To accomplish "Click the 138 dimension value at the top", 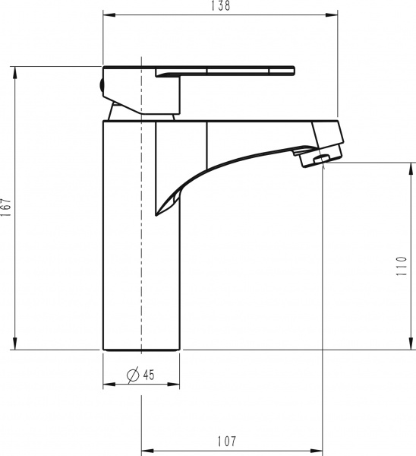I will click(x=221, y=6).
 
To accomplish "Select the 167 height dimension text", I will click(x=7, y=208).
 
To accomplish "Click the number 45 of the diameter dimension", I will click(x=148, y=374).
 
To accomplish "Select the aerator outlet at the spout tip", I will click(x=318, y=159).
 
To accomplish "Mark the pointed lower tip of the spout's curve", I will click(x=158, y=214).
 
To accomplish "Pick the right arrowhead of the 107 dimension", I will click(x=319, y=449).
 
